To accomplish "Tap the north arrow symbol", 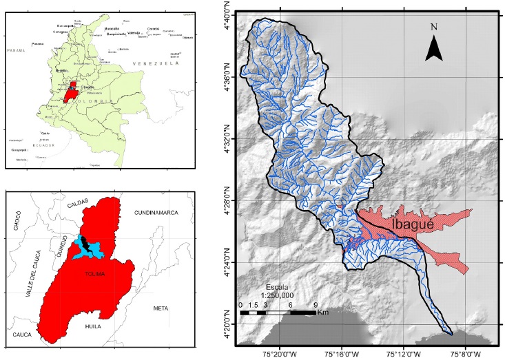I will [x=433, y=49].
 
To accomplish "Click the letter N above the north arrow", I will [x=433, y=28].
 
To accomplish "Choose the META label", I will [x=161, y=308].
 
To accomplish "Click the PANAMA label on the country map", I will [x=15, y=51].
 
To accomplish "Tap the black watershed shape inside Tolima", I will [x=83, y=244].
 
